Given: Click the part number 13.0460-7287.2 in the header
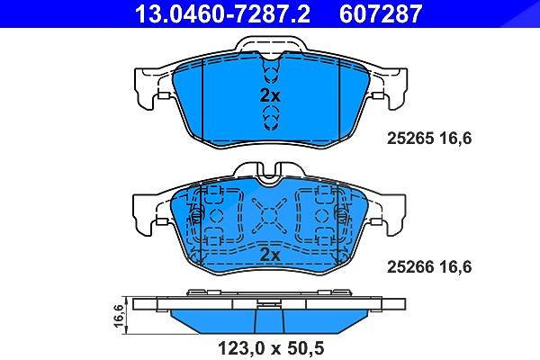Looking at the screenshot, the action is pyautogui.click(x=222, y=13).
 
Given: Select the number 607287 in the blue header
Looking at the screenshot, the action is pyautogui.click(x=381, y=13).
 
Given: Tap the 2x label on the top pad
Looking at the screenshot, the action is pyautogui.click(x=270, y=95).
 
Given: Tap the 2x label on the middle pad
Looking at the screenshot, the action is pyautogui.click(x=270, y=255).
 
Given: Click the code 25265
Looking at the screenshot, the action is pyautogui.click(x=410, y=139).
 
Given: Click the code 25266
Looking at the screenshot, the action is pyautogui.click(x=410, y=267).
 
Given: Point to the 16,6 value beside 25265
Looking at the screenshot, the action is pyautogui.click(x=455, y=139).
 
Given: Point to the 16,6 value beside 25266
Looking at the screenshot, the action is pyautogui.click(x=455, y=267).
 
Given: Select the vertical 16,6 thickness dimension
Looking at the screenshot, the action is pyautogui.click(x=119, y=315).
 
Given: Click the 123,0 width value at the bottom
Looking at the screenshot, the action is pyautogui.click(x=242, y=348).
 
